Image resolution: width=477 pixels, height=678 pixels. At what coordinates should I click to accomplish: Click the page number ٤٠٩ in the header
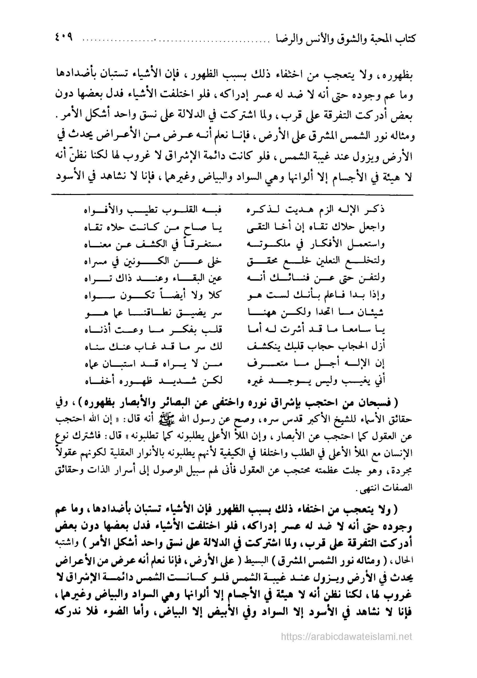point(63,38)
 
